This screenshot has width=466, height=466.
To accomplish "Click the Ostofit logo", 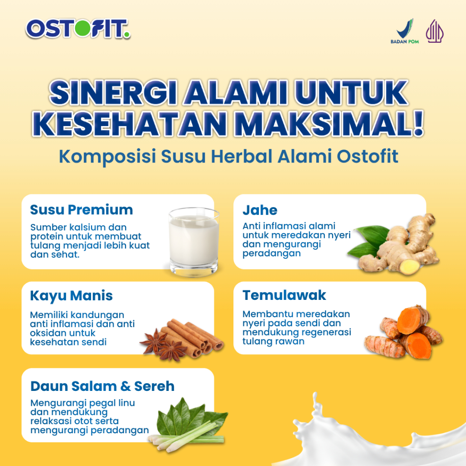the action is click(x=78, y=29).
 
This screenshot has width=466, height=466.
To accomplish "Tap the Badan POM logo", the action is click(x=405, y=31).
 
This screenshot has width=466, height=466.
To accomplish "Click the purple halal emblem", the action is click(x=435, y=31).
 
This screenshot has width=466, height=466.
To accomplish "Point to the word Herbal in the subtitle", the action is click(x=242, y=156).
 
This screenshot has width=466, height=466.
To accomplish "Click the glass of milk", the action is click(x=194, y=241).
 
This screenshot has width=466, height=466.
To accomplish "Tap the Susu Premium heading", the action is click(x=81, y=209).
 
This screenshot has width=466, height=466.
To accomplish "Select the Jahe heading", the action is click(x=260, y=210).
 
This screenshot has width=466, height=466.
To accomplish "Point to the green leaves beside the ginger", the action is click(x=369, y=241).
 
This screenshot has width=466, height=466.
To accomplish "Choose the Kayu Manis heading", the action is click(x=71, y=296).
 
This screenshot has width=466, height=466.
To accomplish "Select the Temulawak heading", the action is click(x=284, y=295).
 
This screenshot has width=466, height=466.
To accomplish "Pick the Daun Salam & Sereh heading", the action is click(x=102, y=386).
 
